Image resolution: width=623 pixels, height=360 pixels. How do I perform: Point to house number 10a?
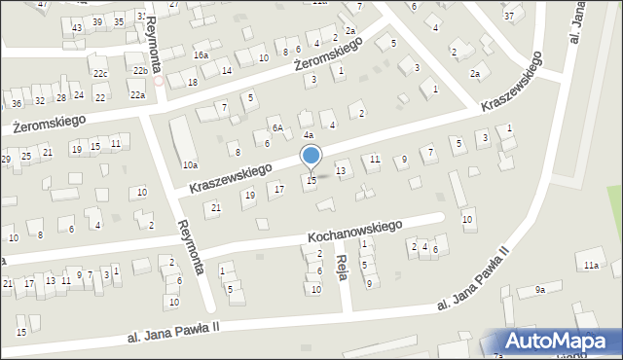click(x=189, y=165)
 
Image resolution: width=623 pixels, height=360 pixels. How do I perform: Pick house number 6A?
click(x=277, y=128)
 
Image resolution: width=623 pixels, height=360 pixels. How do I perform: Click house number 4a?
click(x=307, y=135)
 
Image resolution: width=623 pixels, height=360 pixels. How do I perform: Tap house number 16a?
click(x=201, y=55)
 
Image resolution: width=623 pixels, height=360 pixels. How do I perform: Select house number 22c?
click(x=100, y=73)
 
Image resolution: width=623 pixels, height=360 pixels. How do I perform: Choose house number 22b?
click(x=140, y=70)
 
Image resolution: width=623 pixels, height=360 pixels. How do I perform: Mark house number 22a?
click(x=137, y=94)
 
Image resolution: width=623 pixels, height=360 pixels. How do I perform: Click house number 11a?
click(x=590, y=265)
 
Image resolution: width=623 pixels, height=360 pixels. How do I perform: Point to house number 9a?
click(x=539, y=290)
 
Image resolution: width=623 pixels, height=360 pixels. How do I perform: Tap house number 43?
click(x=77, y=27)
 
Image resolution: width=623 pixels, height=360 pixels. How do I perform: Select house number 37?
click(x=509, y=17)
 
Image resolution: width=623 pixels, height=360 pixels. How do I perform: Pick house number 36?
click(x=17, y=104)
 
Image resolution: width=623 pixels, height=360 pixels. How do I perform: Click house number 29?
click(x=6, y=159)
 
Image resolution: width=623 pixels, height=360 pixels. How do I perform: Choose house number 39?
click(x=96, y=21)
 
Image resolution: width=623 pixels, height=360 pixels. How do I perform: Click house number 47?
click(x=42, y=4)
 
